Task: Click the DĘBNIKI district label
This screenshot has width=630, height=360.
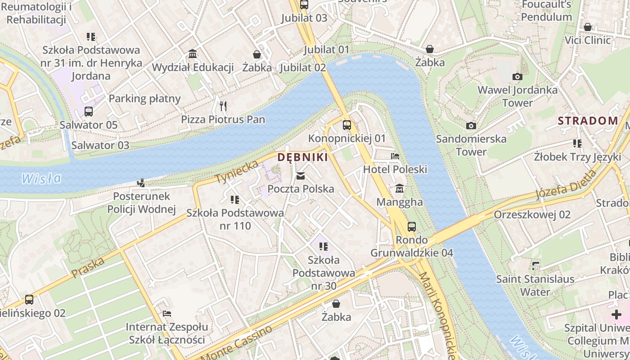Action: point(302,157)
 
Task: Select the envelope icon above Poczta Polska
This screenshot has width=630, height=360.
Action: point(301,175)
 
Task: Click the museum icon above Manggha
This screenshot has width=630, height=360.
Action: point(399,188)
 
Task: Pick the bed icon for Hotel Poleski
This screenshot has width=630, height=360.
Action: point(395,156)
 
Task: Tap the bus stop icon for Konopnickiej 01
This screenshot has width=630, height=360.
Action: point(346,125)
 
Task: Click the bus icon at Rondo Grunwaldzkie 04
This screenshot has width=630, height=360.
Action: point(411,226)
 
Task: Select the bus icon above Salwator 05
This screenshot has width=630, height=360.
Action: point(89,111)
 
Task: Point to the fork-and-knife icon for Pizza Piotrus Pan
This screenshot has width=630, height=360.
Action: point(223,106)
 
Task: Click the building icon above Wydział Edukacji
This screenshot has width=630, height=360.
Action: point(193,54)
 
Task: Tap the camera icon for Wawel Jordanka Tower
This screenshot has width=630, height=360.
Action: point(517,76)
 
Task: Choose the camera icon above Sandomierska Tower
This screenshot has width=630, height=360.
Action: point(471,126)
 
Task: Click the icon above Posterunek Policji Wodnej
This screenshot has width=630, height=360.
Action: point(141,183)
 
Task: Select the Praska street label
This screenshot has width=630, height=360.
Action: point(88,266)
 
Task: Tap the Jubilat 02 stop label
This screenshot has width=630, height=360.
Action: point(303,67)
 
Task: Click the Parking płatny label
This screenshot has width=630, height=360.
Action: point(144,99)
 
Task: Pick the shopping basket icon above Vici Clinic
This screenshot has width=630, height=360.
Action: point(587,27)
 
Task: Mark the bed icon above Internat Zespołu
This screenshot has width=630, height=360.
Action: point(166,313)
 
